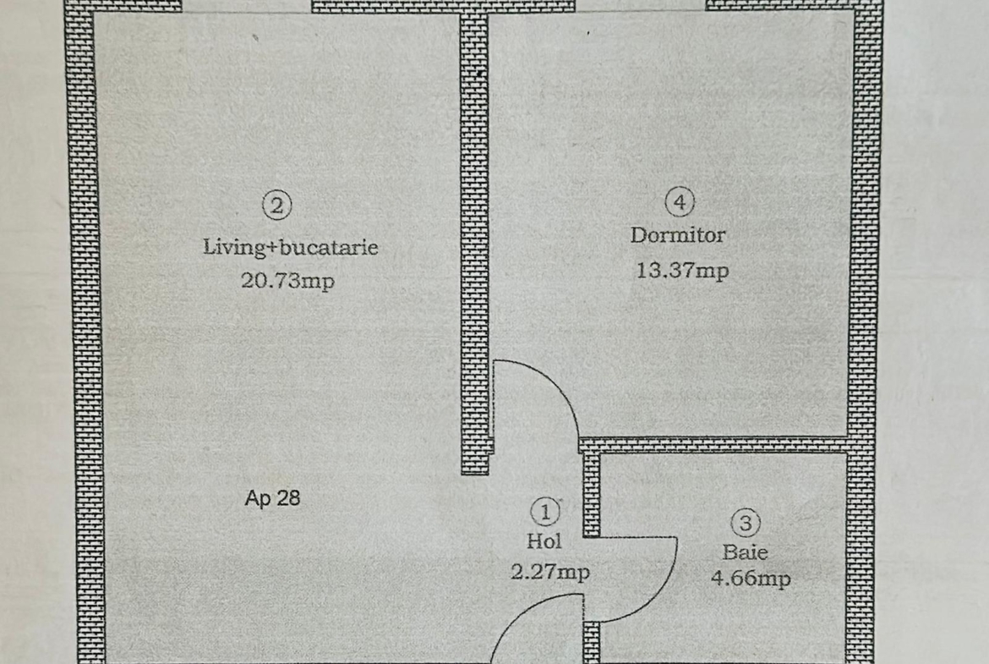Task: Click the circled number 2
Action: click(277, 205)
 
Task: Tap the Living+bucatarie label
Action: click(290, 247)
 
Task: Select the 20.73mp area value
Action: click(287, 280)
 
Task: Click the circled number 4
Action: click(680, 202)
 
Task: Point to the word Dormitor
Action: click(677, 235)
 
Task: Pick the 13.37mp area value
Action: click(681, 271)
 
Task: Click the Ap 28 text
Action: click(272, 498)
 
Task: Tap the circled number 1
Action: click(545, 511)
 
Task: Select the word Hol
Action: click(544, 541)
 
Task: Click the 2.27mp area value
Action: click(549, 572)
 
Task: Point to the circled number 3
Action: click(745, 524)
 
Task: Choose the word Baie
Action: click(745, 552)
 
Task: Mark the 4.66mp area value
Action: click(750, 579)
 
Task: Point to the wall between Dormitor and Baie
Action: click(719, 444)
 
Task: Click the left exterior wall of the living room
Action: click(85, 338)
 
